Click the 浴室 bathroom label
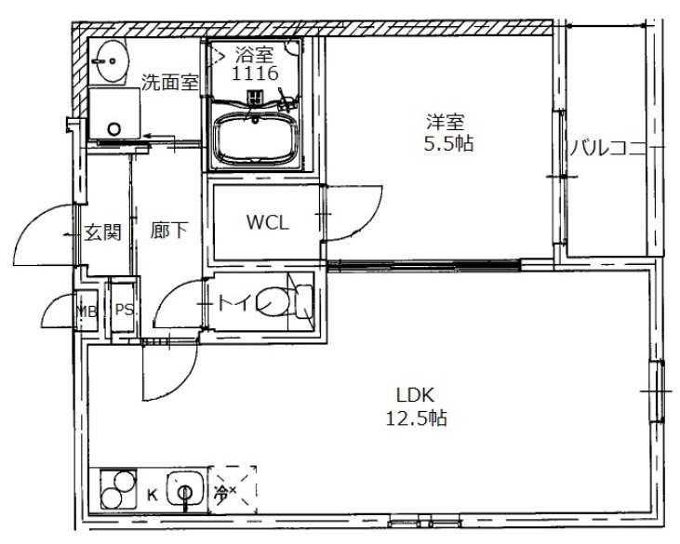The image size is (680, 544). [x=254, y=55]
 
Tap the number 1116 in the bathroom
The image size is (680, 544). [x=255, y=73]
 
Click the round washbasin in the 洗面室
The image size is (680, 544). [x=112, y=61]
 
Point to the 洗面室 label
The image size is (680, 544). [x=170, y=81]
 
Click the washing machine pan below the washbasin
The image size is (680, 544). [x=115, y=113]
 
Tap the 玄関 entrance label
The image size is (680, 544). [x=102, y=232]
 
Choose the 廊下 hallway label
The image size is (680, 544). [x=169, y=231]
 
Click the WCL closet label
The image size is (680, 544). [x=267, y=222]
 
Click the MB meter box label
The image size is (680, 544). [x=87, y=311]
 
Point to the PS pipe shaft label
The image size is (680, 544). [x=124, y=310]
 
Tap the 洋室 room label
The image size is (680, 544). [x=445, y=122]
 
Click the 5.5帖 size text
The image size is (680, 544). [x=448, y=143]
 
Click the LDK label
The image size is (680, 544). [x=415, y=395]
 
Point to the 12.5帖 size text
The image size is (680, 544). [x=416, y=418]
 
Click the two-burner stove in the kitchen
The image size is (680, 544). [x=118, y=489]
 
